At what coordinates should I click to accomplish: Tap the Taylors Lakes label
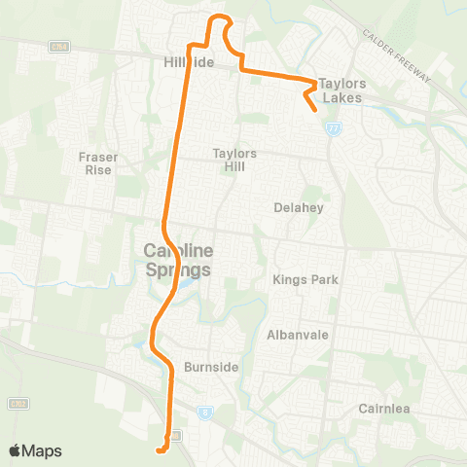pos(341,90)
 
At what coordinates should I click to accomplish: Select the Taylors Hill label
pos(234,160)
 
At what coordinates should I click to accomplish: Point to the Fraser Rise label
pos(98,162)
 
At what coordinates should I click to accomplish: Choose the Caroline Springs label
pos(177,258)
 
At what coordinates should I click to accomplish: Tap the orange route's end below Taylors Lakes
pos(317,111)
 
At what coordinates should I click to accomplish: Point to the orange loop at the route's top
pos(221,21)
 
